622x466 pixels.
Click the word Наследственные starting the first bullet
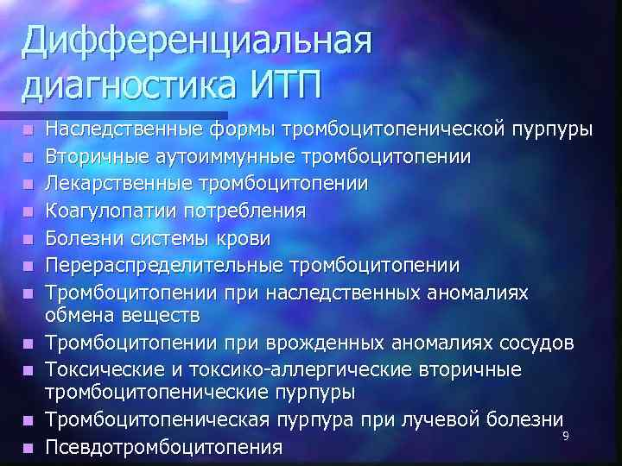[125, 131]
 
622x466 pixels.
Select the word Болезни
[85, 237]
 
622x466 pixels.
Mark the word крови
[244, 237]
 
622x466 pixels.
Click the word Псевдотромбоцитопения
[164, 447]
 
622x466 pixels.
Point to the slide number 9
[565, 436]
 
